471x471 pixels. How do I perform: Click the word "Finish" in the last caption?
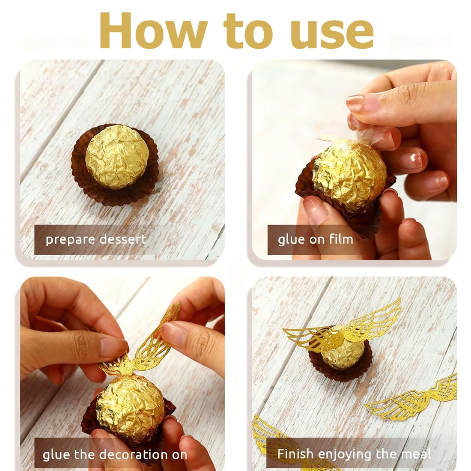coord(295,453)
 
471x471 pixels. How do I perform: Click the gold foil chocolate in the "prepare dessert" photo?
coord(117,157)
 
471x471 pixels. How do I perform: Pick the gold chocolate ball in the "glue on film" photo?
coord(349,173)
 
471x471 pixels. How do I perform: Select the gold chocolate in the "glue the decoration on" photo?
coord(130,406)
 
